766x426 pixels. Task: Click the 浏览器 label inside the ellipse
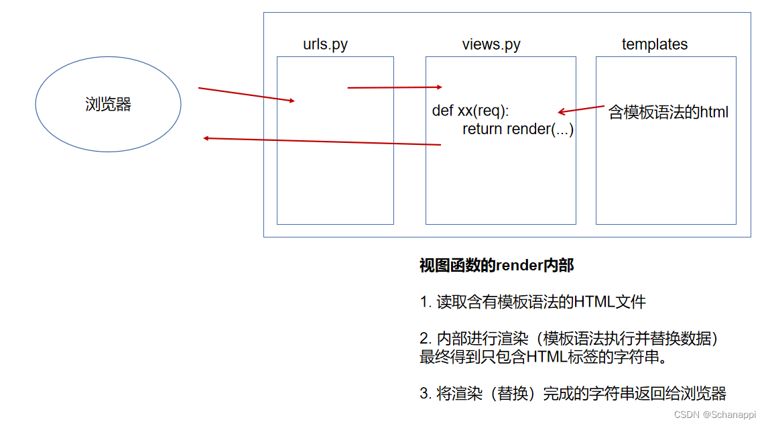tap(108, 104)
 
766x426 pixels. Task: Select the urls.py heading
tap(325, 45)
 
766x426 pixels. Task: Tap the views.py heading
tap(491, 45)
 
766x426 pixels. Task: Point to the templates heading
tap(655, 45)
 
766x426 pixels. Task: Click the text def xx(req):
tap(470, 111)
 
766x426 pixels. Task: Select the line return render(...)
tap(517, 129)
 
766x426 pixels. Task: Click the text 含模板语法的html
tap(668, 112)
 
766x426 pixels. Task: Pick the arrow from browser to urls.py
tap(246, 95)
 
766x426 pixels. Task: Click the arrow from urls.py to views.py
tap(395, 87)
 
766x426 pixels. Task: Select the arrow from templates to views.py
tap(581, 109)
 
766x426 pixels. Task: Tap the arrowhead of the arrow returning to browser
tap(207, 138)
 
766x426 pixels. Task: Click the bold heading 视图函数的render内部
tap(497, 266)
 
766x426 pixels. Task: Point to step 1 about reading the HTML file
tap(533, 302)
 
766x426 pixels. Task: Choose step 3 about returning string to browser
tap(573, 393)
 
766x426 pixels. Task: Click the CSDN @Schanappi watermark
tap(714, 415)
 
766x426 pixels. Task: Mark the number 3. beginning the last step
tap(425, 393)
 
